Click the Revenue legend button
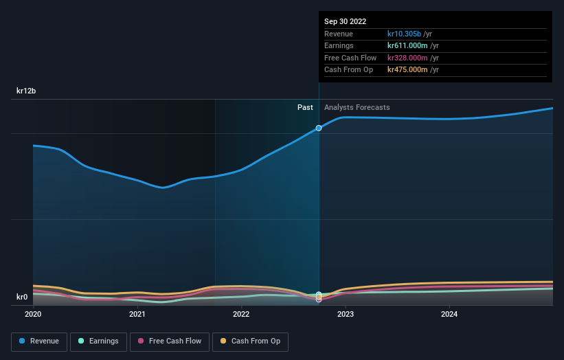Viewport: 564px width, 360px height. click(x=39, y=341)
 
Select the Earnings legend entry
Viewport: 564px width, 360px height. click(x=99, y=341)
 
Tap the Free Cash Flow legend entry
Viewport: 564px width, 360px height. click(x=170, y=341)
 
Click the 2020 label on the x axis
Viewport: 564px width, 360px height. click(x=33, y=314)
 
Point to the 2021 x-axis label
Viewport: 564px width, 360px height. click(x=137, y=314)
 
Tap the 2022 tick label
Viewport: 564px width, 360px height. click(x=241, y=314)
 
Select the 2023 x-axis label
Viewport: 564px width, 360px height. click(x=346, y=314)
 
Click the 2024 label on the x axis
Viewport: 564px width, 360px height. click(x=449, y=314)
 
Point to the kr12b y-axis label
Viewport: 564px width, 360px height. click(x=27, y=91)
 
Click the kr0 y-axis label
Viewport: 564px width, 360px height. click(x=22, y=297)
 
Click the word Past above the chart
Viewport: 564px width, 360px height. click(x=305, y=107)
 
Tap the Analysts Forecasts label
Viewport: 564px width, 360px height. click(x=357, y=107)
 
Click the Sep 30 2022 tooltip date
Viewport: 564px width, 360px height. click(x=345, y=21)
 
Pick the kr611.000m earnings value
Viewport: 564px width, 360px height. click(x=407, y=46)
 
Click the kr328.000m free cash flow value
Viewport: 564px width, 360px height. click(x=407, y=58)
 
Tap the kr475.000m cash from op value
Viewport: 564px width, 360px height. click(x=407, y=69)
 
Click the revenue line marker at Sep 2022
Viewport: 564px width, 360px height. click(x=319, y=128)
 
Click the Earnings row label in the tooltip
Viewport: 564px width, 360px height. click(x=339, y=46)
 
